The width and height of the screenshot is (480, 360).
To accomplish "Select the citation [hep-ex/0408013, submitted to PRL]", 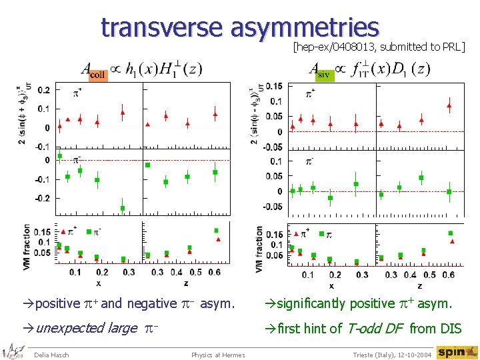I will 379,47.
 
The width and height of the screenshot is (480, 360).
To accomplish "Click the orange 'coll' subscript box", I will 97,75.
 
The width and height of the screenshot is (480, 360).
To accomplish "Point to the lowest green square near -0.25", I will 123,208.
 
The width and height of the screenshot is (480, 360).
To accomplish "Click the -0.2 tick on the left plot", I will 43,199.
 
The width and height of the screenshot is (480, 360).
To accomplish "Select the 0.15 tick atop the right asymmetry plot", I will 273,86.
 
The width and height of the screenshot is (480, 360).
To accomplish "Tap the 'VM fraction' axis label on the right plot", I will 259,248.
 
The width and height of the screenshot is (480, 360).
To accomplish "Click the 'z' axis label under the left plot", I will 185,282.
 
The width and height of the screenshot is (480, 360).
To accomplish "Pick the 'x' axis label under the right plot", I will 331,285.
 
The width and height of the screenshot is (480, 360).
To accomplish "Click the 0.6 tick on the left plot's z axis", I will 214,272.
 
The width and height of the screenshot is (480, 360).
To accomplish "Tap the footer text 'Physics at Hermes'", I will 217,354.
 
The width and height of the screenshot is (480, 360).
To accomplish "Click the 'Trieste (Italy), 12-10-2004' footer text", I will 391,354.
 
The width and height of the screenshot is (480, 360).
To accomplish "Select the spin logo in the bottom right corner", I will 457,352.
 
